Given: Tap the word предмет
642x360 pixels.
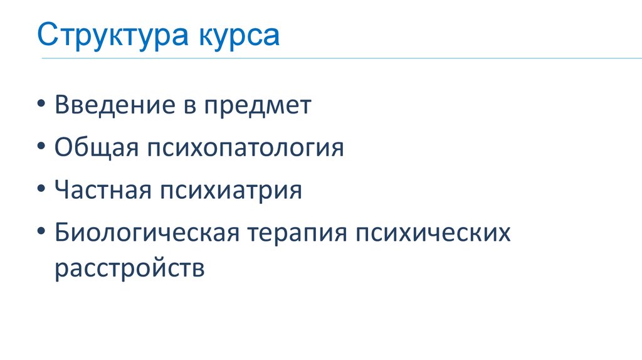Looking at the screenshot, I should click(x=256, y=106).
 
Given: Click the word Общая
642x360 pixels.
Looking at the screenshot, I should click(x=96, y=148).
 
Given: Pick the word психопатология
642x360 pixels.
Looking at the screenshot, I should click(x=246, y=149).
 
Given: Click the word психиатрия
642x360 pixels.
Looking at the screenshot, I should click(x=231, y=191).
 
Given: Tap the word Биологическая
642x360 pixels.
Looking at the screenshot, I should click(x=147, y=233).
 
